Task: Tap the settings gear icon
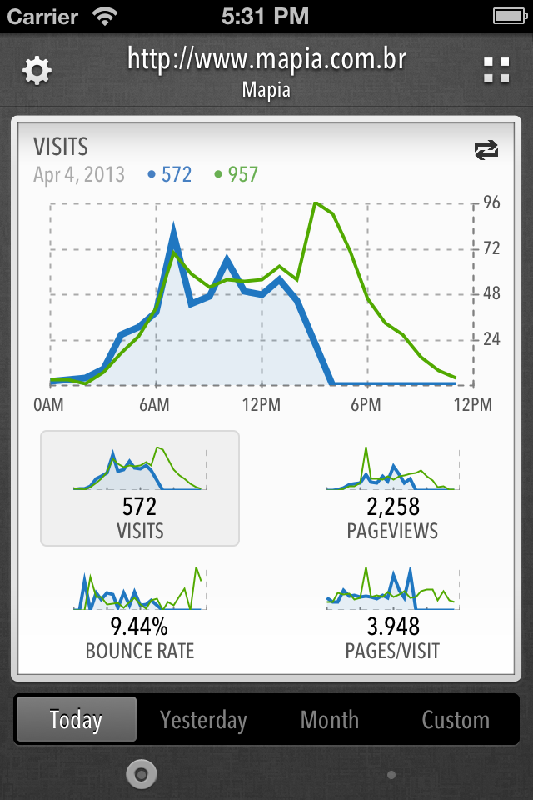(37, 71)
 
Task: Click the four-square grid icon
(496, 71)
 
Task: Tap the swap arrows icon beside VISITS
(486, 150)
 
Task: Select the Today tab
(76, 720)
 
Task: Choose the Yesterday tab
(203, 720)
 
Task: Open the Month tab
(330, 720)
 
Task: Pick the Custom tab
(456, 720)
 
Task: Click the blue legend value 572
(177, 174)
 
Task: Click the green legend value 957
(243, 174)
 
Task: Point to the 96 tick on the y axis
(491, 202)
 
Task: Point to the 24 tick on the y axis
(491, 338)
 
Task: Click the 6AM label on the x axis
(154, 405)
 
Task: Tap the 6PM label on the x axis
(366, 405)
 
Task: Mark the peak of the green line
(315, 202)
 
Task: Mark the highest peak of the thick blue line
(173, 227)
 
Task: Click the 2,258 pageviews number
(392, 507)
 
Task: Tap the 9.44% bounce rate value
(140, 627)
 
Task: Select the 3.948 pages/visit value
(392, 627)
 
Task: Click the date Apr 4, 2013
(79, 174)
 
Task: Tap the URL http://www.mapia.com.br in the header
(266, 60)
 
